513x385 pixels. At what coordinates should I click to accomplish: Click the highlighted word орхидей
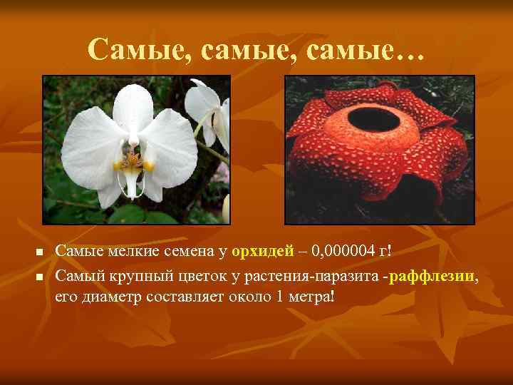tap(263, 250)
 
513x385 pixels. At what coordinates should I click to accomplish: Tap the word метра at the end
tap(307, 295)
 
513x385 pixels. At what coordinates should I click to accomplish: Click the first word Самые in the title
tap(140, 48)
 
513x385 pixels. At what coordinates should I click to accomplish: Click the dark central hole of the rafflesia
tap(373, 119)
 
